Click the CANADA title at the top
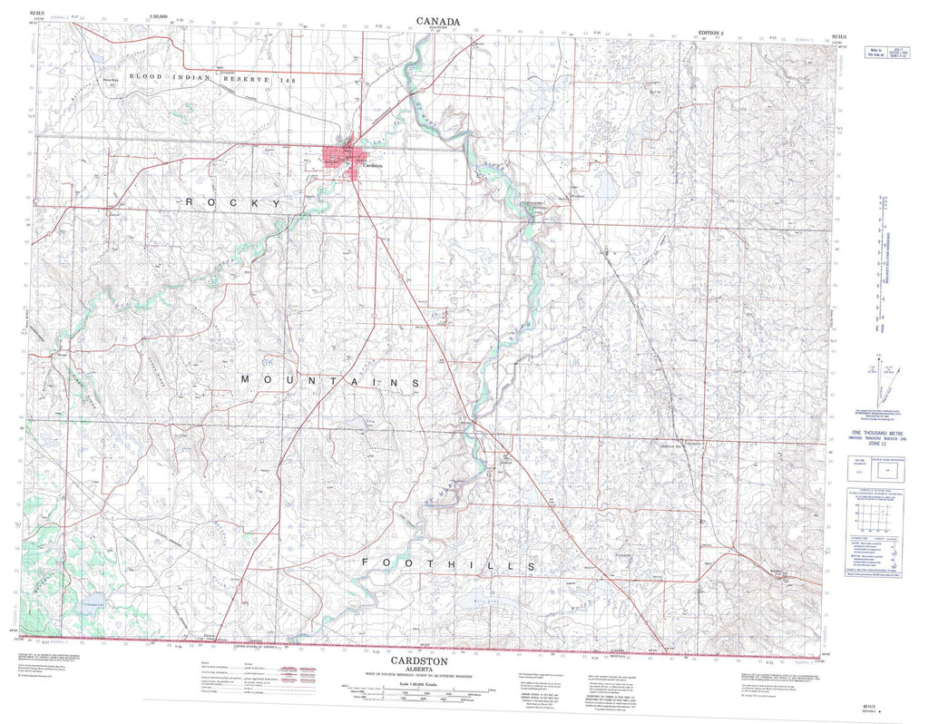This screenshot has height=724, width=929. [x=438, y=21]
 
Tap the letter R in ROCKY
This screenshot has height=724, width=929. [x=190, y=202]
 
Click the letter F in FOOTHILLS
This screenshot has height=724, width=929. [x=367, y=564]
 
